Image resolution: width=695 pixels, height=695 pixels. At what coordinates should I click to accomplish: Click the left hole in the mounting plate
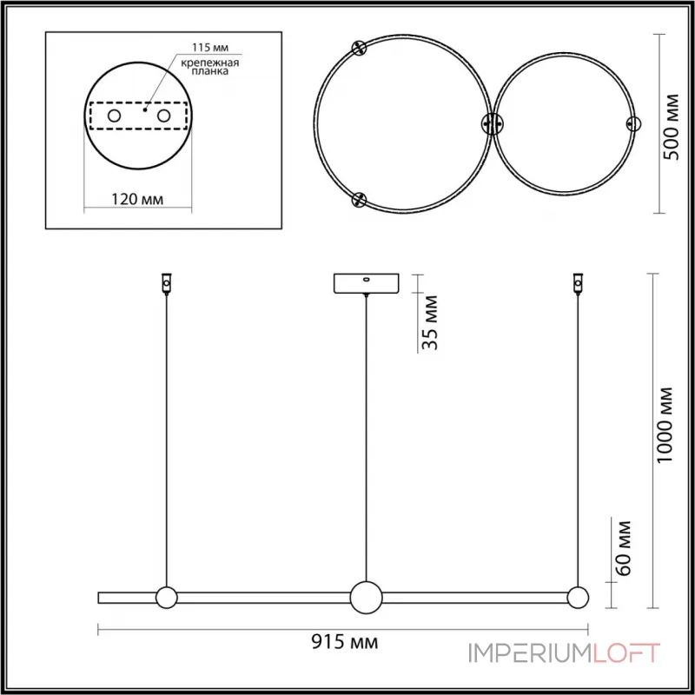pyautogui.click(x=114, y=116)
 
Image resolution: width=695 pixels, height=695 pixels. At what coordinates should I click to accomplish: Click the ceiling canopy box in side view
pyautogui.click(x=367, y=284)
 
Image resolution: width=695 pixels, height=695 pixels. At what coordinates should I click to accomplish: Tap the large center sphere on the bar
pyautogui.click(x=367, y=597)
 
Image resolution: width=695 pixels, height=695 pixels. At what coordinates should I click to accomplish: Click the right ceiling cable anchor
pyautogui.click(x=575, y=283)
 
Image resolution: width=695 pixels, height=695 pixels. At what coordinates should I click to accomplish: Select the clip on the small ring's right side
pyautogui.click(x=632, y=123)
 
